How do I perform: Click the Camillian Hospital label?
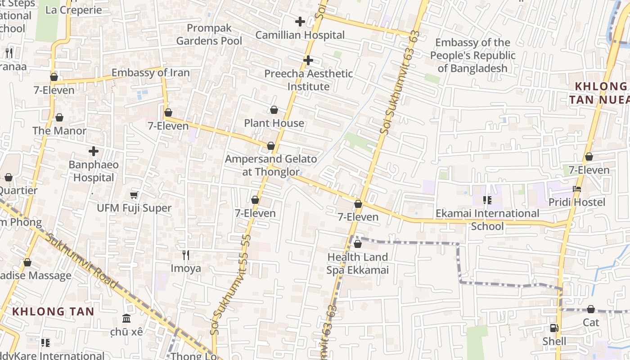(300, 35)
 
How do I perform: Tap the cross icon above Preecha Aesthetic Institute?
(308, 60)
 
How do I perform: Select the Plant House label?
(274, 123)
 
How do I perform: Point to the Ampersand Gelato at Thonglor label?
(270, 165)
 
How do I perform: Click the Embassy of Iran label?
(150, 72)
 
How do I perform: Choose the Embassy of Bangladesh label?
(472, 55)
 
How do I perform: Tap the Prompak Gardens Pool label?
(209, 34)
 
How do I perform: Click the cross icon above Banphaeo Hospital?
(94, 151)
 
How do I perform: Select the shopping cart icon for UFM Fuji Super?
(134, 195)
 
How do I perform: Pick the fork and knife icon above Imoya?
(185, 255)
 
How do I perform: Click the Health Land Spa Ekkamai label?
(357, 264)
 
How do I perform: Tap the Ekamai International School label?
(487, 219)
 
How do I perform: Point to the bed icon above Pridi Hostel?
(577, 189)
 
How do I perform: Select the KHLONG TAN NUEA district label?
(598, 93)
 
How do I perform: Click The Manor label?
(59, 131)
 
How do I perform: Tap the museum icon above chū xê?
(126, 318)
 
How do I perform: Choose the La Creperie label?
(74, 10)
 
